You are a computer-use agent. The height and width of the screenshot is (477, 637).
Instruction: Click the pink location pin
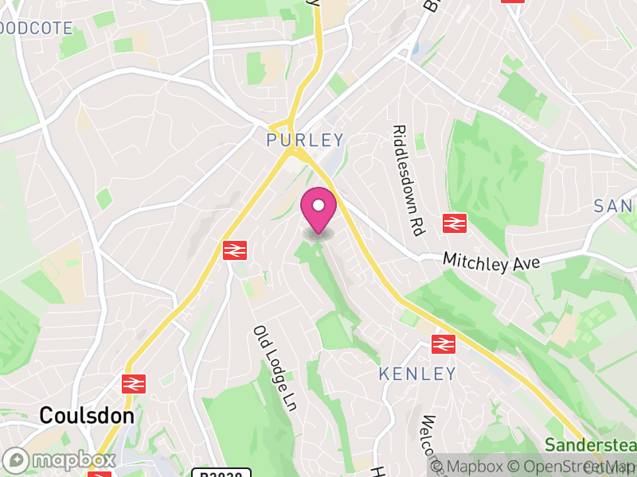coord(318,210)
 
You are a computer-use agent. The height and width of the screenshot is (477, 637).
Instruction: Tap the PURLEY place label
coord(306,140)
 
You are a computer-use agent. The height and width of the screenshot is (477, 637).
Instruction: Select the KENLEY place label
coord(417,373)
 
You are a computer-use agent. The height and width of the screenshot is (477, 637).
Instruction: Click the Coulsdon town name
coord(86,415)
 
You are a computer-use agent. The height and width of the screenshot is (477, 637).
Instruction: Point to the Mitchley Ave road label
coord(491,262)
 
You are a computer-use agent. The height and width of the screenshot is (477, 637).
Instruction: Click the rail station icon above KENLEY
coord(443,344)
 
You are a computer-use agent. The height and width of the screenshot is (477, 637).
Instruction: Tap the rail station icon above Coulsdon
coord(134,384)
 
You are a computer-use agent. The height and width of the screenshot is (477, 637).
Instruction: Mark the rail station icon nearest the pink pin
coord(235,250)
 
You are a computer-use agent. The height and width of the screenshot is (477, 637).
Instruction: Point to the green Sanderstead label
coord(592,444)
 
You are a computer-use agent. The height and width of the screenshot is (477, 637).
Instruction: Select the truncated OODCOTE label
coord(36,29)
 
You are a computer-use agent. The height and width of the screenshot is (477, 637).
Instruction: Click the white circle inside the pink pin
coord(318,206)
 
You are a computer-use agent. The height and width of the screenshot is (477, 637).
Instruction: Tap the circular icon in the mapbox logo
coord(16,460)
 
